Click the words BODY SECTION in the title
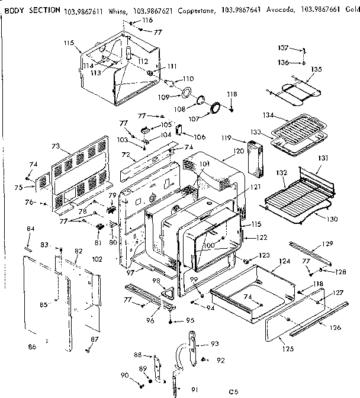[28, 9]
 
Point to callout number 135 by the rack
[317, 69]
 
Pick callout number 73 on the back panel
[56, 145]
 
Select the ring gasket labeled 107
[215, 108]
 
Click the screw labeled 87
[88, 349]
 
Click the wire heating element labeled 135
[293, 89]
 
